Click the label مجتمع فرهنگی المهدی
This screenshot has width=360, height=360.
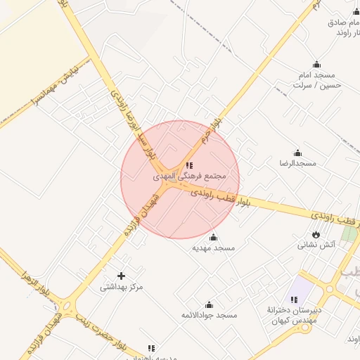(189, 175)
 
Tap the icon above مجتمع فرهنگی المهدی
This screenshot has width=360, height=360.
(189, 165)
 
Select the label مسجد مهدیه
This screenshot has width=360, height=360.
(214, 248)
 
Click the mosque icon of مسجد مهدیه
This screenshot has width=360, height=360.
(214, 238)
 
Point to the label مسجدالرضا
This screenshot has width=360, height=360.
(297, 163)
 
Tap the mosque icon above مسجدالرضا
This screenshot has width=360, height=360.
(297, 153)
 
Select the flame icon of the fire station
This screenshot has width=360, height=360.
(316, 235)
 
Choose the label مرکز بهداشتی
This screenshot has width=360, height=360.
(121, 286)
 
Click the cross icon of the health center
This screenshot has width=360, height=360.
(121, 276)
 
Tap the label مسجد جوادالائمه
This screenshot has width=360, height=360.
(208, 315)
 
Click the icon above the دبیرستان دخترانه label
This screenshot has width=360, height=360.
(294, 300)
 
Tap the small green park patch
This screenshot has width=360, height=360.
(349, 234)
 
